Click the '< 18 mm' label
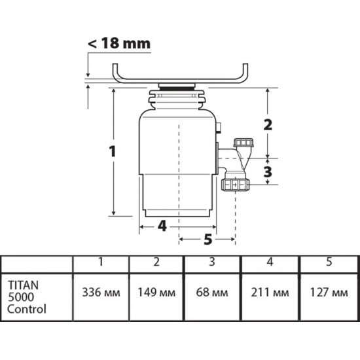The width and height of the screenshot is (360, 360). point(119,43)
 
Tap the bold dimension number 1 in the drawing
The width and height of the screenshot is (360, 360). point(113,152)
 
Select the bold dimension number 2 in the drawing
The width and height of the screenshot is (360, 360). point(268,125)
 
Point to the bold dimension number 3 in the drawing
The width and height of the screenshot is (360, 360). point(268,171)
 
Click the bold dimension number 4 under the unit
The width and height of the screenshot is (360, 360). point(162,226)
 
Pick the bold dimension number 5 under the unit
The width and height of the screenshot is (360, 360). point(207,239)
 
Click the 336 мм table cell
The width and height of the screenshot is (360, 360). point(101,293)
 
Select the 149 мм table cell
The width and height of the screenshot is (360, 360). point(156,293)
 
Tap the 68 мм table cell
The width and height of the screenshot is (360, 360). point(212,293)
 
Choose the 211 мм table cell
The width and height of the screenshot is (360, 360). point(270,293)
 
